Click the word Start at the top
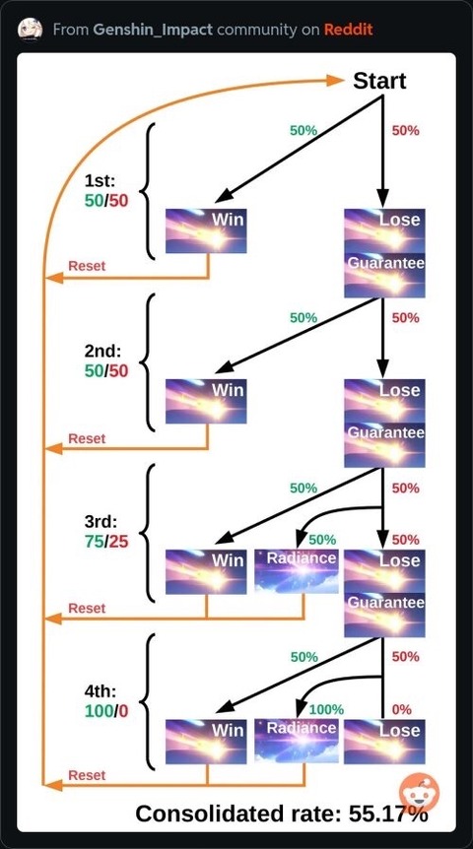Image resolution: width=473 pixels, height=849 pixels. [x=379, y=81]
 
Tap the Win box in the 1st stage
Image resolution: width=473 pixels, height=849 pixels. [x=206, y=230]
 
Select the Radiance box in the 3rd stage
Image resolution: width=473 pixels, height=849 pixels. [x=297, y=571]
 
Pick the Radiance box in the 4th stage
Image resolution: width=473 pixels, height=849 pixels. [x=297, y=742]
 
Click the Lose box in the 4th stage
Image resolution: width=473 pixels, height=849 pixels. [x=384, y=742]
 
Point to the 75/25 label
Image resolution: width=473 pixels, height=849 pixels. [x=106, y=541]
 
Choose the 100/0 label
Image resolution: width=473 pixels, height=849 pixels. [x=106, y=711]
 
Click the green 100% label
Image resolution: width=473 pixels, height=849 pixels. [x=326, y=709]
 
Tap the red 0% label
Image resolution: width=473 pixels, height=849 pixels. [x=401, y=709]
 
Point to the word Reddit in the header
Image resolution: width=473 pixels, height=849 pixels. [x=349, y=29]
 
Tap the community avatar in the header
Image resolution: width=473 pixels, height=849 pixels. [x=31, y=29]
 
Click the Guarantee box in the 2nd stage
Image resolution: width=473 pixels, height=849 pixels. [x=384, y=445]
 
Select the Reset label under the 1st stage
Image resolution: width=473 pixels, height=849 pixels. [x=87, y=266]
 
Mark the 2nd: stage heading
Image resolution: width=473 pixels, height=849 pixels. [x=102, y=352]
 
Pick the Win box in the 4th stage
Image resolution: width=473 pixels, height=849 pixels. [x=206, y=742]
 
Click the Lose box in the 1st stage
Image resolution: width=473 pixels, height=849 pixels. [x=384, y=230]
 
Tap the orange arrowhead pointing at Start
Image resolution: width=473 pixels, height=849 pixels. [x=335, y=81]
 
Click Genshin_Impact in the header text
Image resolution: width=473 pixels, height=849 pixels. [x=153, y=30]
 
